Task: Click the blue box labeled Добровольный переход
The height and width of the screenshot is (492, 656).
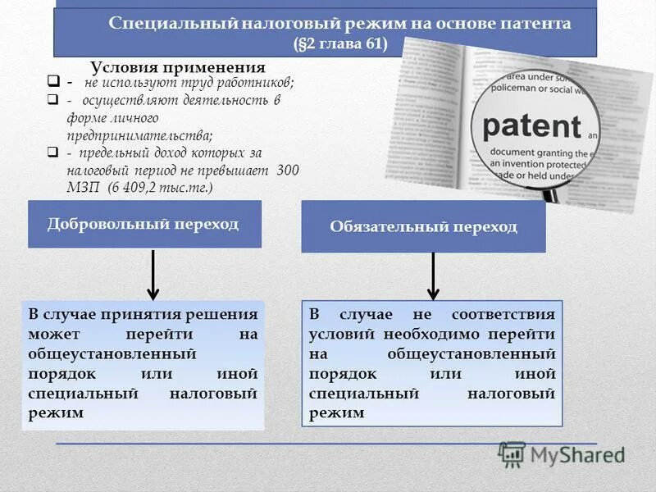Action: coord(144,224)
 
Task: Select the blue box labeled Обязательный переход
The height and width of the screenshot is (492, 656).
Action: coord(423,226)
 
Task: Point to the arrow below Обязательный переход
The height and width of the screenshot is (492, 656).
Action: coord(434,276)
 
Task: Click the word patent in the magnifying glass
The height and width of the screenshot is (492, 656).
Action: coord(531,127)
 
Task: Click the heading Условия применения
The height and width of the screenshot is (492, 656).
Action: coord(178,68)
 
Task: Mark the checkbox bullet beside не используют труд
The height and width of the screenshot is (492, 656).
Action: coord(52,83)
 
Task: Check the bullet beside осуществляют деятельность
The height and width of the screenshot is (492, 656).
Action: coord(52,100)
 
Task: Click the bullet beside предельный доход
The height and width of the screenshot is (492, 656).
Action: coord(52,153)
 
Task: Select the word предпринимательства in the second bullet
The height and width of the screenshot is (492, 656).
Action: coord(139,136)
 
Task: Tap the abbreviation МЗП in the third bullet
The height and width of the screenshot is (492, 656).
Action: coord(82,188)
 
